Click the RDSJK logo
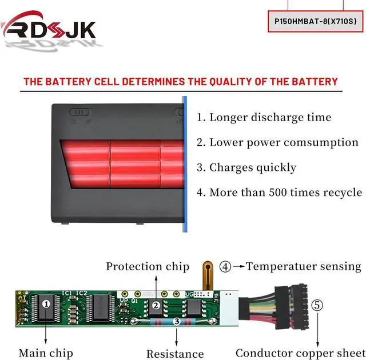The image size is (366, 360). coord(49,29)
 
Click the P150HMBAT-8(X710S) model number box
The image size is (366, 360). coord(316,22)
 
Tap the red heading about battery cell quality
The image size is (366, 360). coord(181,82)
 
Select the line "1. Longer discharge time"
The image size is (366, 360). coord(264,118)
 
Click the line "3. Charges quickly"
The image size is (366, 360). coord(246,167)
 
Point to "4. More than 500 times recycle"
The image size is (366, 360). coord(279,193)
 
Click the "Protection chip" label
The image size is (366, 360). coord(148,266)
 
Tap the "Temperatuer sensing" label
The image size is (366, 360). coord(304,266)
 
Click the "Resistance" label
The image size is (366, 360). coord(175,354)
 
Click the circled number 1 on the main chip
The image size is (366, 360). coord(46,305)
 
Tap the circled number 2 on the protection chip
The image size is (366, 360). coord(156,305)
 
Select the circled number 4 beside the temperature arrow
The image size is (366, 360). coord(225,266)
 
